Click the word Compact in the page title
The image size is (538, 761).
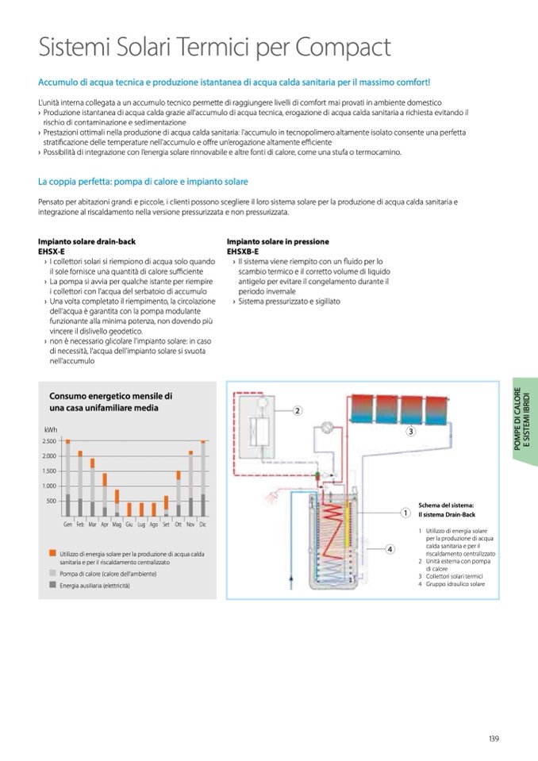(x=343, y=48)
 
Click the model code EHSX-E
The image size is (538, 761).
(x=52, y=251)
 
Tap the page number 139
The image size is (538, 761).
(x=494, y=740)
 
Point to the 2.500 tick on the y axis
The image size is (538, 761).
(x=48, y=441)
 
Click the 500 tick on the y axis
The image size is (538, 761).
(x=51, y=501)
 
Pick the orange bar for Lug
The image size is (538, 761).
(x=141, y=509)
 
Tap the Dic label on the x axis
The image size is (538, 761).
(x=202, y=525)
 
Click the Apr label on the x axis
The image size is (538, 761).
(x=105, y=525)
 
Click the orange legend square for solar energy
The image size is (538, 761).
(x=52, y=553)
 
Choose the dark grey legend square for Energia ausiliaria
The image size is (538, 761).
(x=52, y=585)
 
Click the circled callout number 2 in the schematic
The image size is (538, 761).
(x=297, y=411)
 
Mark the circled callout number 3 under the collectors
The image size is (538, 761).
(x=411, y=432)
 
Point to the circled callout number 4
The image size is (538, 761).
(x=390, y=548)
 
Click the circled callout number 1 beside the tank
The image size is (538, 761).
(x=404, y=513)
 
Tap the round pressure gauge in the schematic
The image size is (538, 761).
(x=325, y=425)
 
